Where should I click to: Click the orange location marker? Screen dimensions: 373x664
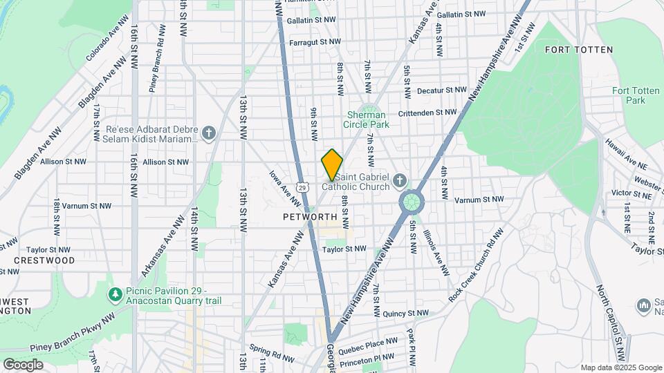coord(332,164)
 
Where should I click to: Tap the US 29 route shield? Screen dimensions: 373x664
coord(302,187)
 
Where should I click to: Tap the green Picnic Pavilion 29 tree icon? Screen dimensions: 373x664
coord(115,295)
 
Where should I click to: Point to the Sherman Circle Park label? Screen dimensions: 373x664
coord(368,119)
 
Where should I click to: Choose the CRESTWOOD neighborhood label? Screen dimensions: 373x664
coord(45,260)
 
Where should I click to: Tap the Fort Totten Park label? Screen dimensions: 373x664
coord(628,95)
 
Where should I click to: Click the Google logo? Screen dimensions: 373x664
coord(23,364)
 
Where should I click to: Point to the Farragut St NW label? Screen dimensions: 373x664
coord(315,42)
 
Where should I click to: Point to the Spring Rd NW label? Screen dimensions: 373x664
coord(267,350)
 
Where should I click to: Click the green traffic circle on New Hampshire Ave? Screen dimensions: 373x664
coord(411,202)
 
